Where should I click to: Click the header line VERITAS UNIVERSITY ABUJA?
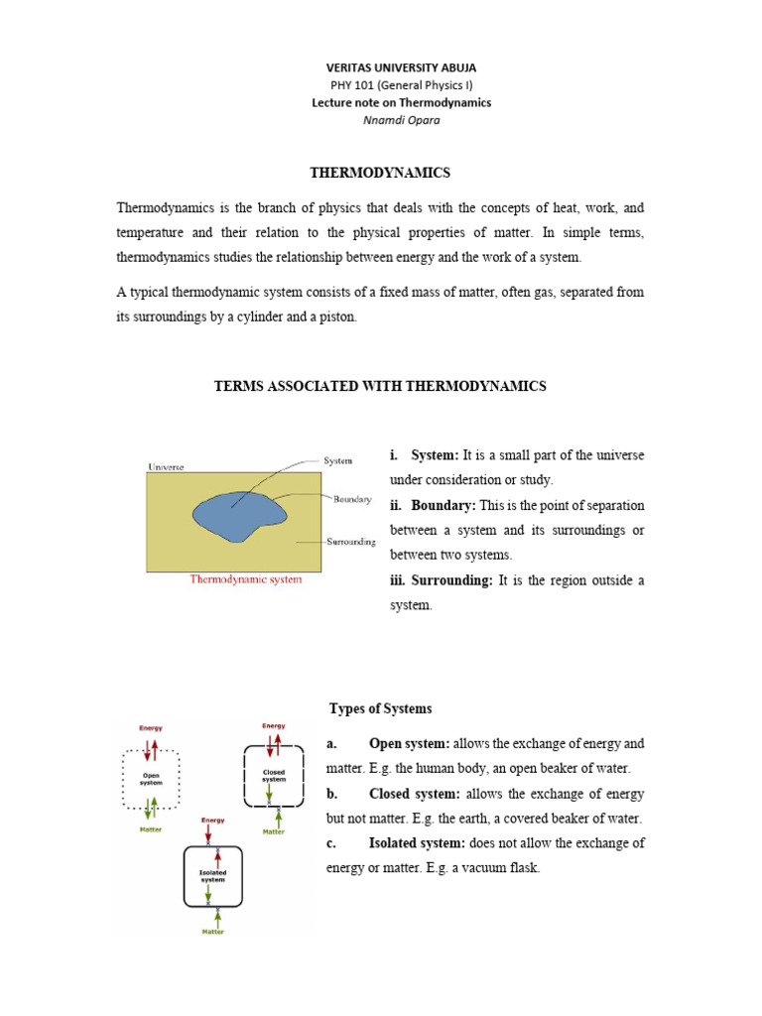pyautogui.click(x=401, y=67)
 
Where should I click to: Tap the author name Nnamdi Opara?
pyautogui.click(x=401, y=120)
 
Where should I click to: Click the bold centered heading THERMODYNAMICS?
pyautogui.click(x=380, y=174)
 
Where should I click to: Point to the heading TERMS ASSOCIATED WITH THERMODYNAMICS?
pyautogui.click(x=380, y=386)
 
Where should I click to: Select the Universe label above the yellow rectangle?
pyautogui.click(x=166, y=465)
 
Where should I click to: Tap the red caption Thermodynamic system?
pyautogui.click(x=246, y=579)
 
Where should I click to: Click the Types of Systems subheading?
pyautogui.click(x=380, y=708)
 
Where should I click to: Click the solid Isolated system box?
pyautogui.click(x=213, y=875)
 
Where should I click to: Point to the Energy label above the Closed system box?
pyautogui.click(x=274, y=726)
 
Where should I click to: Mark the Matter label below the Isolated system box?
pyautogui.click(x=213, y=932)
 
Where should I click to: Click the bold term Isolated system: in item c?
pyautogui.click(x=416, y=843)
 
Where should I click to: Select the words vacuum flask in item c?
pyautogui.click(x=505, y=868)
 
